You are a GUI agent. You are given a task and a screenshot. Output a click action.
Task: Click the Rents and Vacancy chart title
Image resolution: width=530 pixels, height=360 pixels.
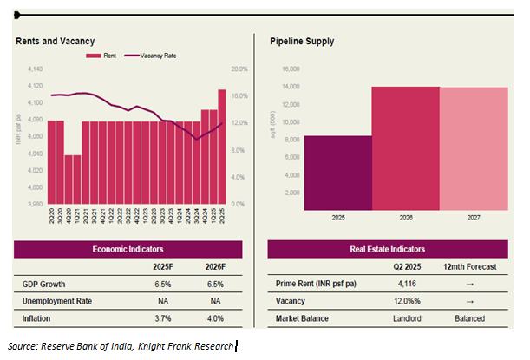tap(55, 41)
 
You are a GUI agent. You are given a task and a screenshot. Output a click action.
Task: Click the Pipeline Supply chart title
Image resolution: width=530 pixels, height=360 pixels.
tap(301, 41)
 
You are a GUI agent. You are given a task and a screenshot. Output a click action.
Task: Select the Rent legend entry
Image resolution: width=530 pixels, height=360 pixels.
tap(103, 55)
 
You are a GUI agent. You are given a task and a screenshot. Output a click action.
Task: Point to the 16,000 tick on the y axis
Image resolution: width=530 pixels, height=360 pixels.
tap(290, 69)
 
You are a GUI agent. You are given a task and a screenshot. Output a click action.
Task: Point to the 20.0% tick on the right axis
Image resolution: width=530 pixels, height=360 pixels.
tap(240, 69)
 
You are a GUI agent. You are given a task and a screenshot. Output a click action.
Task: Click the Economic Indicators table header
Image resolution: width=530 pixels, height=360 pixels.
tap(127, 249)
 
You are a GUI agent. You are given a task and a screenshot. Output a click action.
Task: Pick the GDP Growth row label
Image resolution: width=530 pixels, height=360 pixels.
tap(43, 285)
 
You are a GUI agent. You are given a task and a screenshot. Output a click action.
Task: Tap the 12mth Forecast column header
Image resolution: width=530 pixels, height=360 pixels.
tap(469, 267)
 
